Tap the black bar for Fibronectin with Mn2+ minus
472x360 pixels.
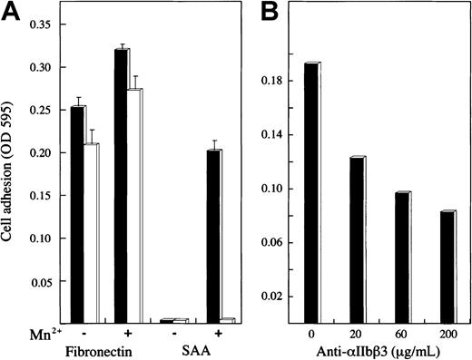pyautogui.click(x=77, y=214)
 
